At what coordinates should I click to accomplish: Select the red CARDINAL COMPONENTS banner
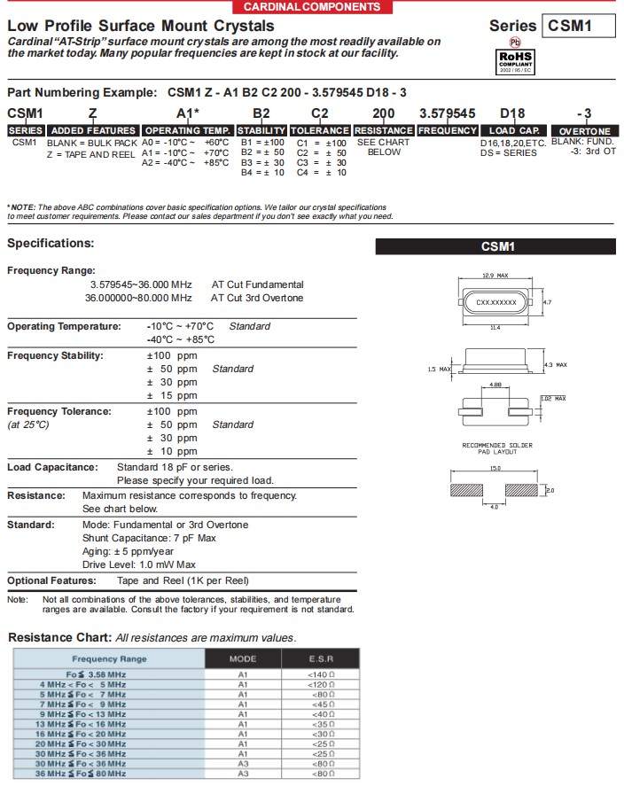[312, 6]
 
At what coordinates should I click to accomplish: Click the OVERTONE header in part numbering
[584, 131]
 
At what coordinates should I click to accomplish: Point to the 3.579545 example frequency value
[447, 113]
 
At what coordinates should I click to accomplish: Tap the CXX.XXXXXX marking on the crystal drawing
[496, 303]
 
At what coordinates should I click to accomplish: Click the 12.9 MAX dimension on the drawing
[495, 276]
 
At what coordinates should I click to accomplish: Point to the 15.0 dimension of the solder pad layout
[495, 469]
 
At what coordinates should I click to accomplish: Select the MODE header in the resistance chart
[243, 658]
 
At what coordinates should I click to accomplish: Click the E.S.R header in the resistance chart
[321, 658]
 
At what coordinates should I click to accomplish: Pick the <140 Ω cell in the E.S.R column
[321, 674]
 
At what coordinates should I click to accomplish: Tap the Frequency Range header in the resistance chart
[109, 658]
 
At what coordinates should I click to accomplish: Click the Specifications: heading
[51, 243]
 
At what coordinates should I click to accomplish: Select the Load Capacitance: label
[52, 467]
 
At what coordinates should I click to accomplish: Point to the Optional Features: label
[51, 580]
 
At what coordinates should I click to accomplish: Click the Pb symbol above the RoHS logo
[514, 41]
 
